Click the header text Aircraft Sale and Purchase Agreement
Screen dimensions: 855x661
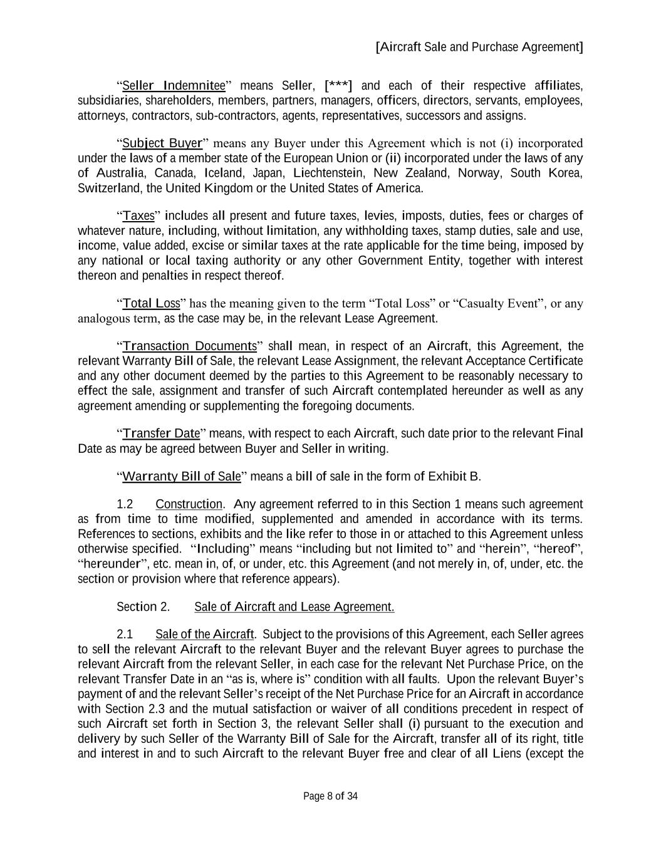(479, 47)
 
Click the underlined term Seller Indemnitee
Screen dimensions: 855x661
(174, 86)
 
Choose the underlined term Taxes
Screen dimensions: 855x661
(138, 216)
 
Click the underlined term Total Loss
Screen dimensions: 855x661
(151, 304)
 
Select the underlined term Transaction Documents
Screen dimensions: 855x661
(190, 346)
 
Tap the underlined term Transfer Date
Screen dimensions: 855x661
(161, 433)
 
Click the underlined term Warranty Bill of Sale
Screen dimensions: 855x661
(181, 477)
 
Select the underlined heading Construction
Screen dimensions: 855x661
(189, 504)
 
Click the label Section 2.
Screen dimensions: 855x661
(143, 607)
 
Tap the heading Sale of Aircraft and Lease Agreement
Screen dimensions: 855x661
(294, 607)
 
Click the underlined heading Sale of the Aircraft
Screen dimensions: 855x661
(204, 635)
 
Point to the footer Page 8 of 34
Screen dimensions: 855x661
(330, 797)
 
